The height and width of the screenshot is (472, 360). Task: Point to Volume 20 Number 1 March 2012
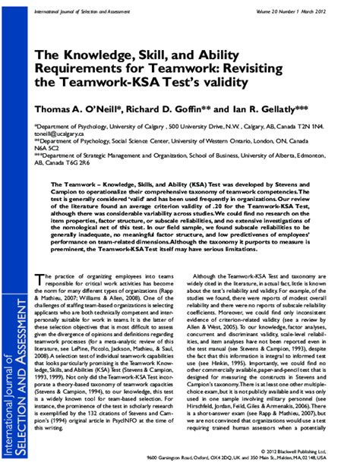tap(300, 11)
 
